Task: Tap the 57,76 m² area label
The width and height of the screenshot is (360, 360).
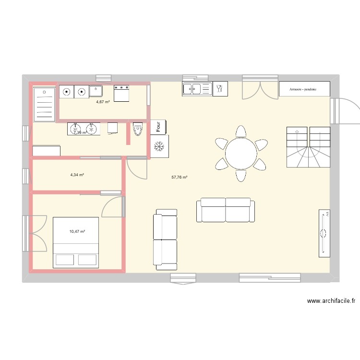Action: pos(179,177)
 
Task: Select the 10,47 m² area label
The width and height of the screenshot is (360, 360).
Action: pos(77,232)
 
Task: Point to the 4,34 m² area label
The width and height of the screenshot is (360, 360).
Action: pos(77,175)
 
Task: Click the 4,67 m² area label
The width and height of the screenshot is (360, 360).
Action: pos(103,102)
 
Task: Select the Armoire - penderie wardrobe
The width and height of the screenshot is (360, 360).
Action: pos(304,89)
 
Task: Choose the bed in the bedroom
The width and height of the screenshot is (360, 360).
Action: pos(76,242)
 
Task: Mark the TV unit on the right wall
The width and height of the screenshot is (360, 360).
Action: pos(324,233)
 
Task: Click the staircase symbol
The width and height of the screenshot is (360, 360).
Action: pos(308,146)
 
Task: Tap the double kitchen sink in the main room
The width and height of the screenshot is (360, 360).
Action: pos(197,89)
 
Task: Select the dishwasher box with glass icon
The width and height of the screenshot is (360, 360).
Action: pos(220,88)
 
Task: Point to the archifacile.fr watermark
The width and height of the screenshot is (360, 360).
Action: pos(331,301)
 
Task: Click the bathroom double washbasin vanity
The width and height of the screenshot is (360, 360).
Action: pos(83,129)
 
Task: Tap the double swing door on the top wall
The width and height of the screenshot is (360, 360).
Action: pos(260,87)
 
